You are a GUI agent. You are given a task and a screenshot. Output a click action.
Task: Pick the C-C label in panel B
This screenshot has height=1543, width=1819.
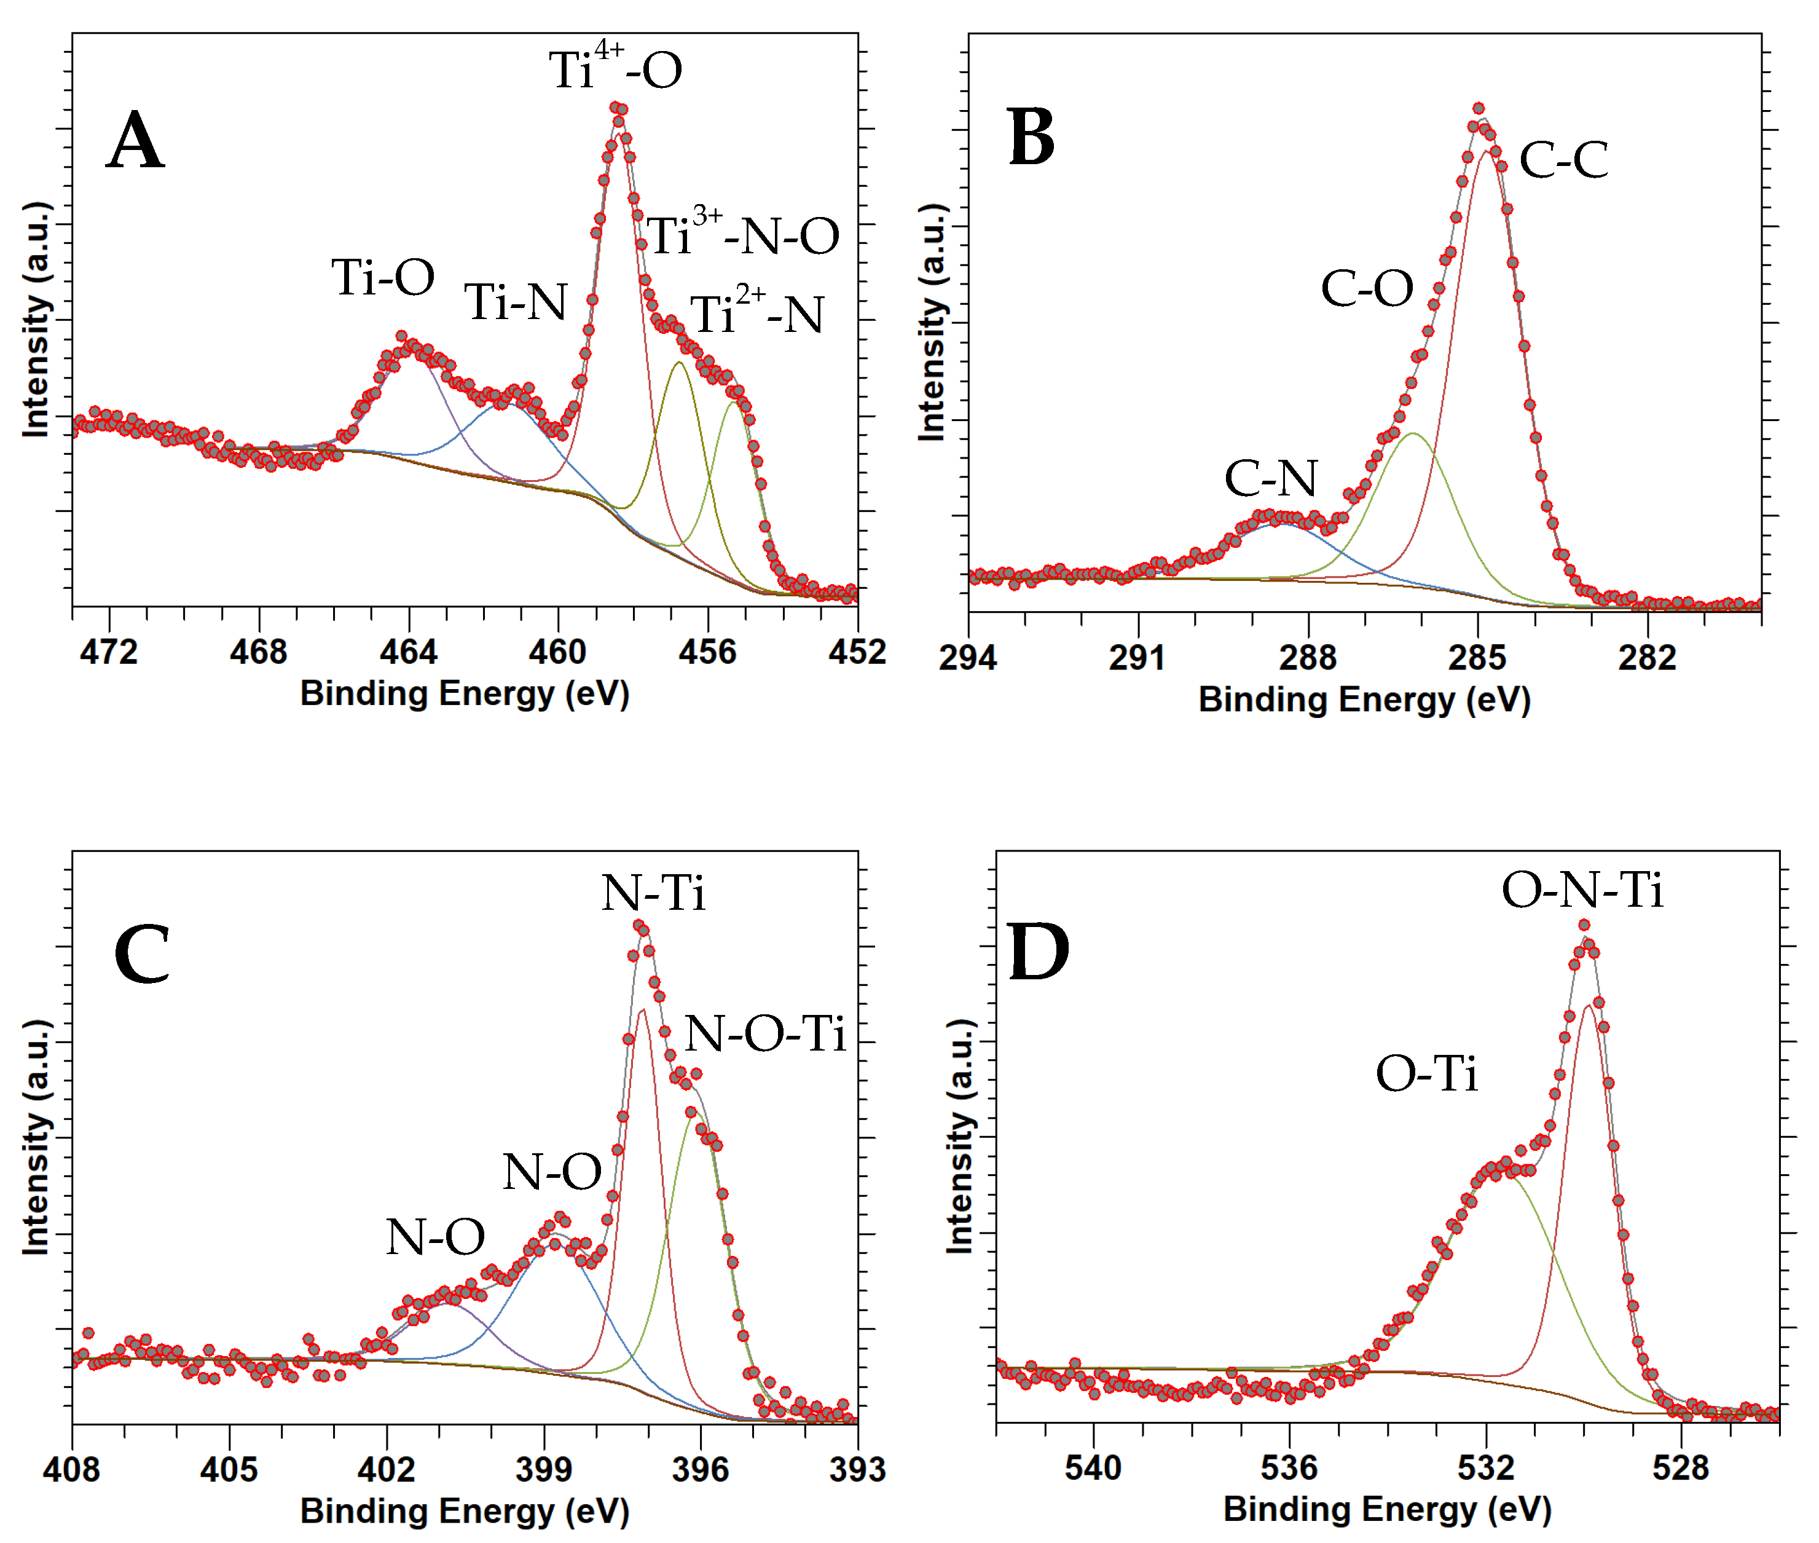(1563, 160)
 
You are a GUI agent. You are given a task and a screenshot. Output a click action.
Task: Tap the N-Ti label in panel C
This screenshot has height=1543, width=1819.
(653, 893)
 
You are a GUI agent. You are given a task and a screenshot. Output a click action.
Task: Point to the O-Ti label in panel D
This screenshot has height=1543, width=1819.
(1426, 1073)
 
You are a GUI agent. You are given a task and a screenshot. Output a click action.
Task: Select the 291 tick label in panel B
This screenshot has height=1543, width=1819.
(1137, 657)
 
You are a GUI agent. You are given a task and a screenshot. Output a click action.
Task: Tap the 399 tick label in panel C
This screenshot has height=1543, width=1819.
(543, 1469)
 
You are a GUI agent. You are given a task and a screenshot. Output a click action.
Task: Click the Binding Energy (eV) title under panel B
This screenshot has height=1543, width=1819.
(1364, 699)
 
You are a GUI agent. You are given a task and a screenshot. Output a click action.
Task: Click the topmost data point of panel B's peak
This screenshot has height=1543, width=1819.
(1478, 108)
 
